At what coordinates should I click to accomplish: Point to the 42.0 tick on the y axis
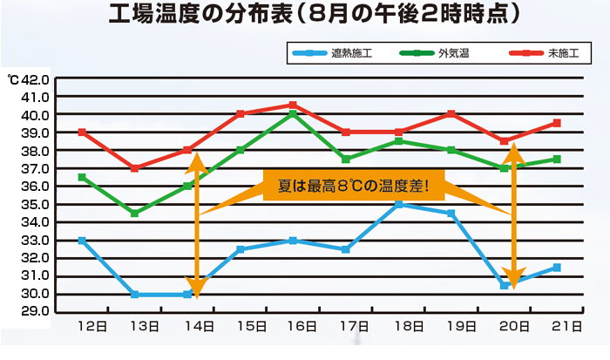point(37,79)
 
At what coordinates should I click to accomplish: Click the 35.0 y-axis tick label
point(37,204)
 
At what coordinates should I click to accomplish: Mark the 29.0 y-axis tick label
point(37,311)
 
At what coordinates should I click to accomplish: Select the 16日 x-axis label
point(302,326)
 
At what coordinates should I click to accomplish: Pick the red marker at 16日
point(293,105)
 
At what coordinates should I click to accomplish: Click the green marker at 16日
point(293,114)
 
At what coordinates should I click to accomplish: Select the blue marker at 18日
point(398,204)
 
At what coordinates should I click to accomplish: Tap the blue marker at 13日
point(134,294)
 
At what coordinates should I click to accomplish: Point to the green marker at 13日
point(134,213)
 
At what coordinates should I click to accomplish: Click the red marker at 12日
point(82,132)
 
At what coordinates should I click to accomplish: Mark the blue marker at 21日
point(557,267)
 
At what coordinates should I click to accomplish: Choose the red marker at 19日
point(451,114)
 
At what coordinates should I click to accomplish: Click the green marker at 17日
point(346,160)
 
